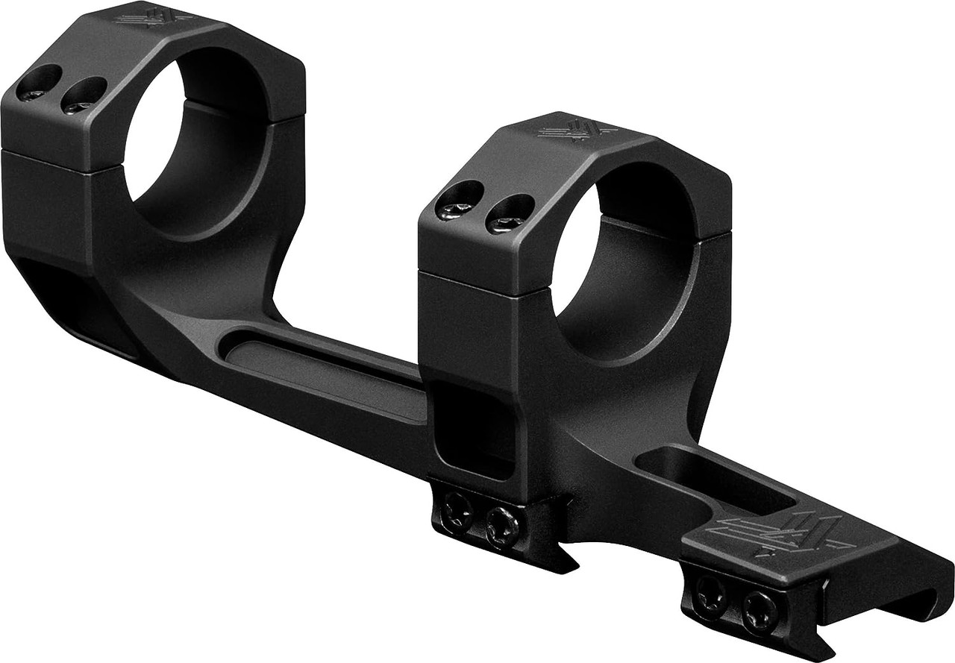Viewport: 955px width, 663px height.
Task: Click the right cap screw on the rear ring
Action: point(81,96)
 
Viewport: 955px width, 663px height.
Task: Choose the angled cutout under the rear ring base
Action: point(67,298)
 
